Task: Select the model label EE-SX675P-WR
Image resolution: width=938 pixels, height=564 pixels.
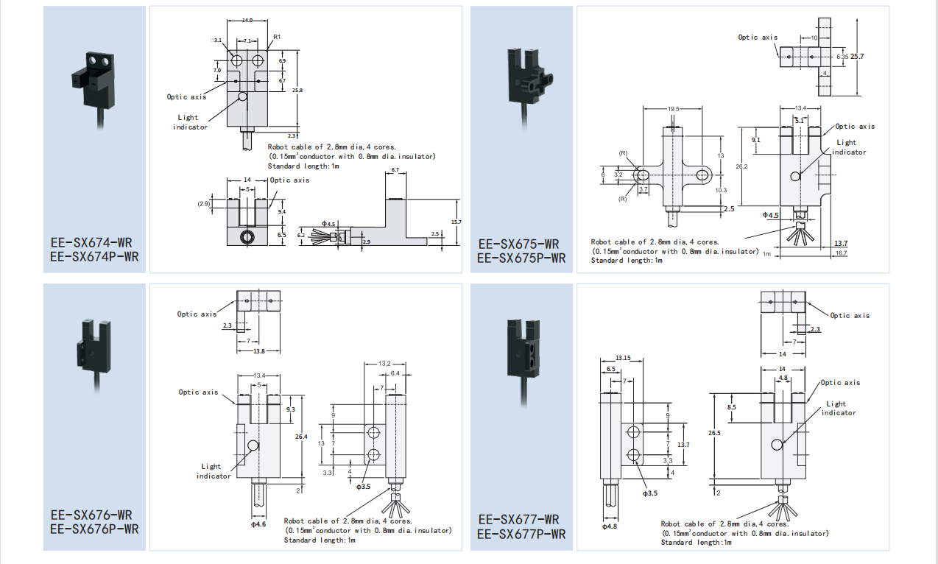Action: coord(521,258)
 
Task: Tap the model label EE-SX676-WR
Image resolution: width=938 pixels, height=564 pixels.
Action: coord(91,515)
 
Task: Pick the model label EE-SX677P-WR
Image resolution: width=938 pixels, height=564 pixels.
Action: coord(521,534)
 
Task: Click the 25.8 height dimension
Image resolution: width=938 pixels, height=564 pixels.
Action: coord(297,90)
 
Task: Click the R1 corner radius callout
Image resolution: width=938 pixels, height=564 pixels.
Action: coord(277,37)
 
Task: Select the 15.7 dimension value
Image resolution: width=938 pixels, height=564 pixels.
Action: coord(457,222)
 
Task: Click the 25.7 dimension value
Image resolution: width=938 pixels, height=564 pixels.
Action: coord(857,56)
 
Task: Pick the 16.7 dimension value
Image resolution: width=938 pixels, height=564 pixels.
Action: coord(841,253)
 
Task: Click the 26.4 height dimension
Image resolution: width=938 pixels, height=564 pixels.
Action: coord(301,437)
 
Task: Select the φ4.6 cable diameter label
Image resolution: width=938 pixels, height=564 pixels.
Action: coord(258,524)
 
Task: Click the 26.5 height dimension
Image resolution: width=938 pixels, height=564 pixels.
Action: coord(714,433)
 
